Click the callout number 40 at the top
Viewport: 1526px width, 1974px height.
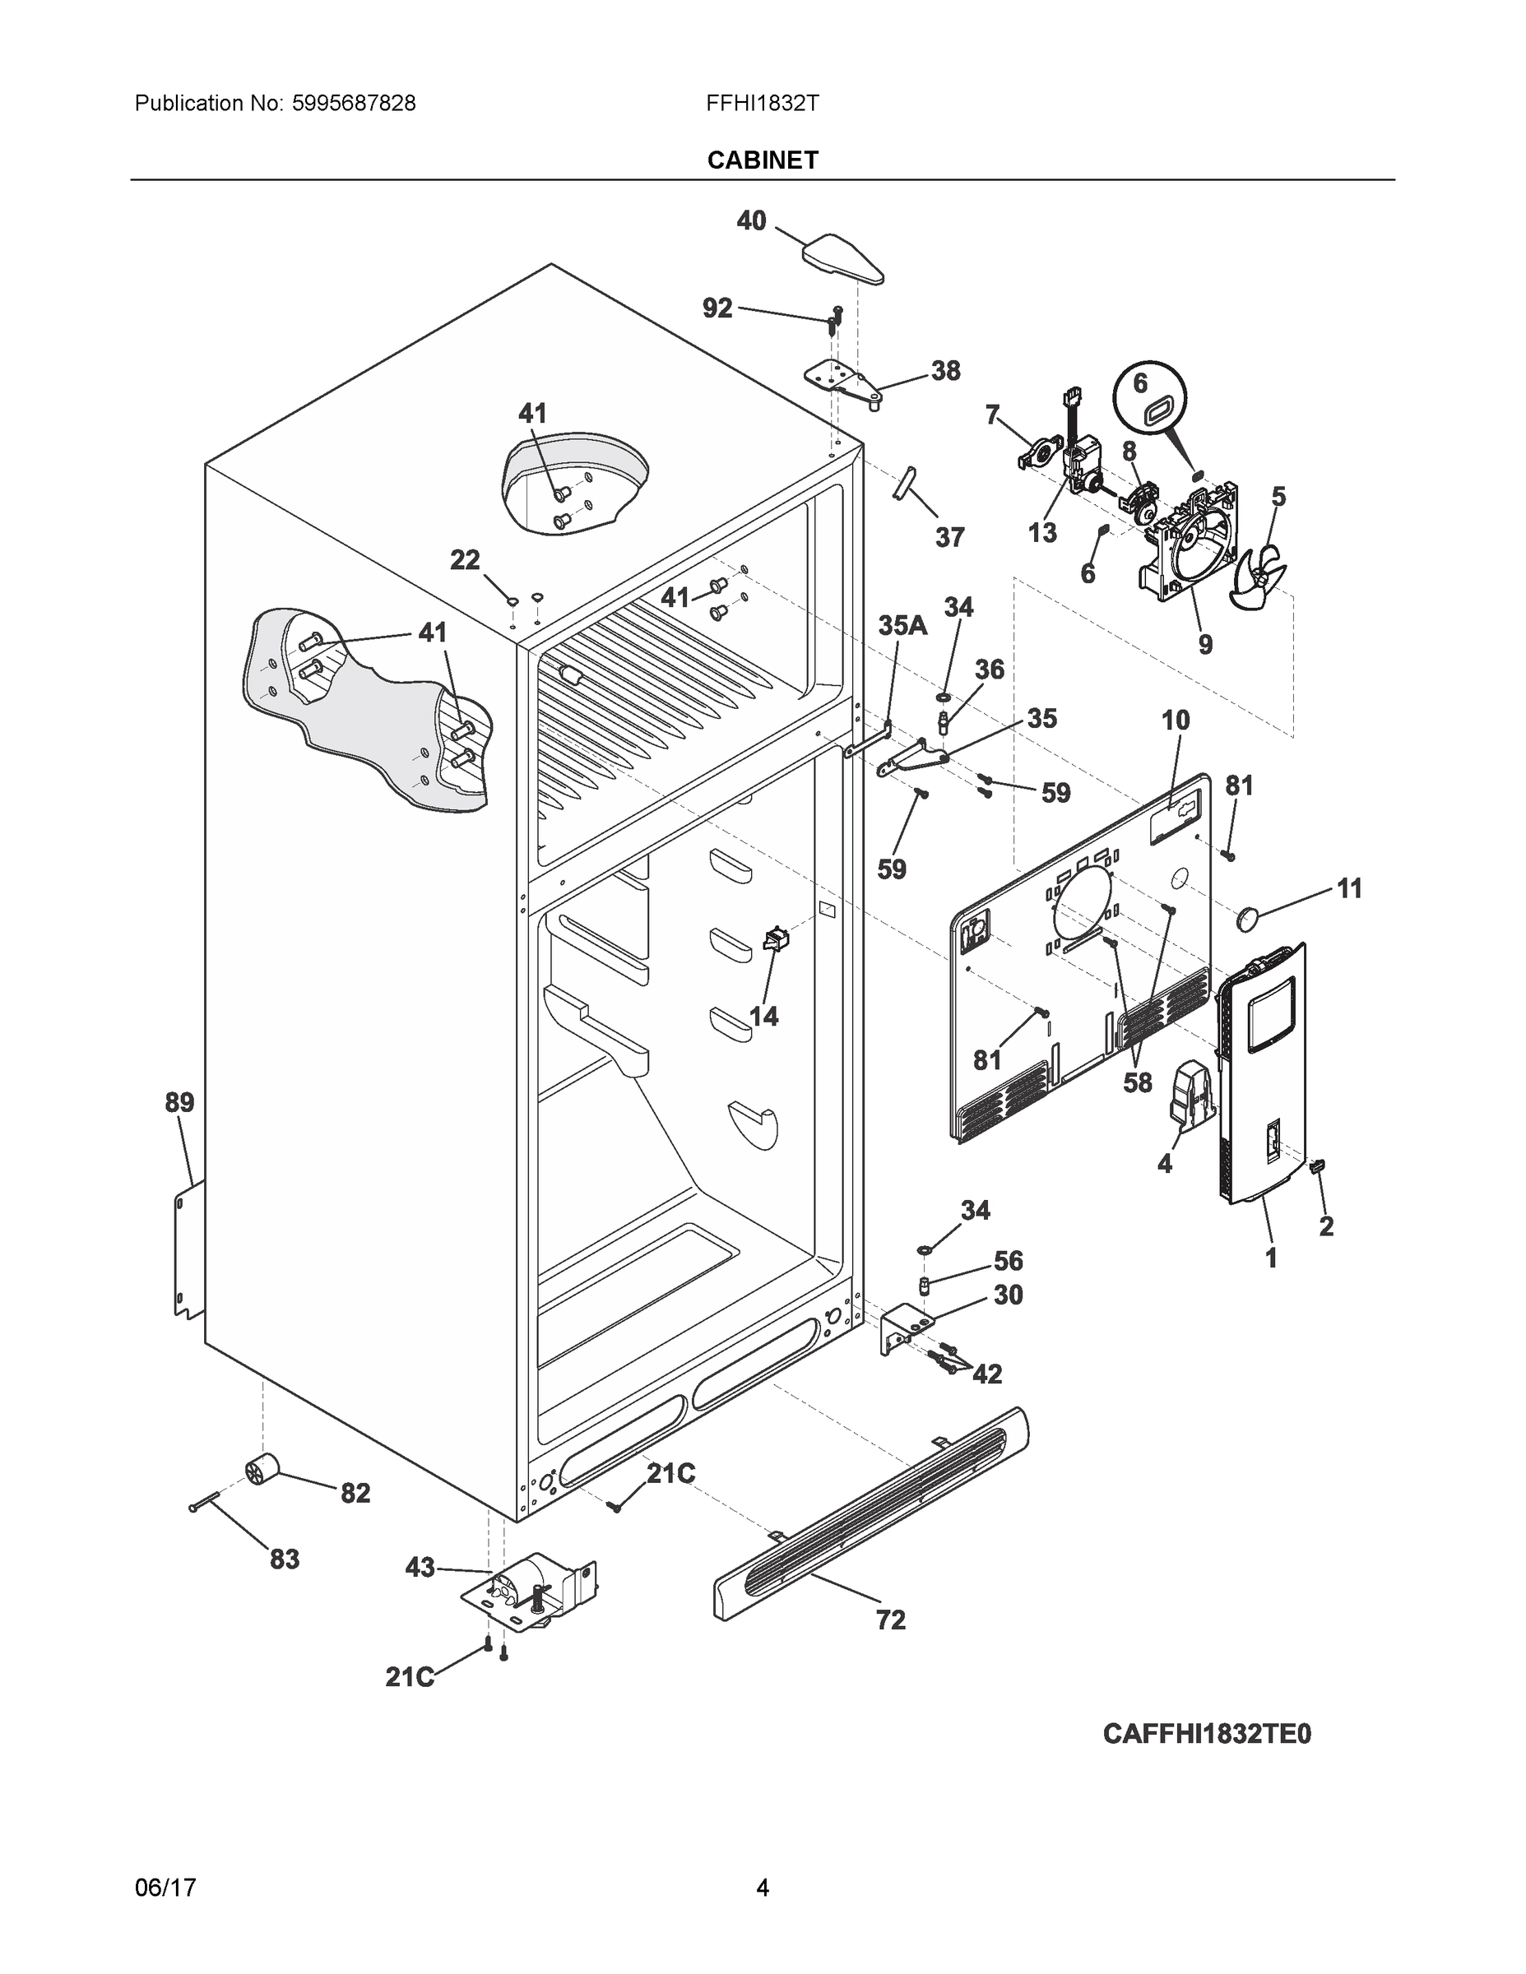(x=751, y=220)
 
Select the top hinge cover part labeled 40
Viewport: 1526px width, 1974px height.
(x=842, y=259)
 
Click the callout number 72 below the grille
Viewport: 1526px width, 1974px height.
(x=890, y=1620)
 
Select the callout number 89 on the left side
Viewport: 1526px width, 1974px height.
(x=179, y=1103)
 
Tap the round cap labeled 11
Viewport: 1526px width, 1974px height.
(x=1249, y=920)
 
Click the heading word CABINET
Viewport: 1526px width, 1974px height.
(x=762, y=160)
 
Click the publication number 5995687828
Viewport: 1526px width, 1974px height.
(x=354, y=104)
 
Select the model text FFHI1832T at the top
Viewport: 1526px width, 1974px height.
(x=762, y=104)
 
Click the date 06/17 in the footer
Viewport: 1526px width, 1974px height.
(x=165, y=1888)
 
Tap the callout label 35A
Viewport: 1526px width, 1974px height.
(x=902, y=625)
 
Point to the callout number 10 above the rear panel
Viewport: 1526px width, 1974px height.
(x=1176, y=721)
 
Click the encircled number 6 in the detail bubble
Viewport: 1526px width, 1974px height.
(x=1141, y=383)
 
